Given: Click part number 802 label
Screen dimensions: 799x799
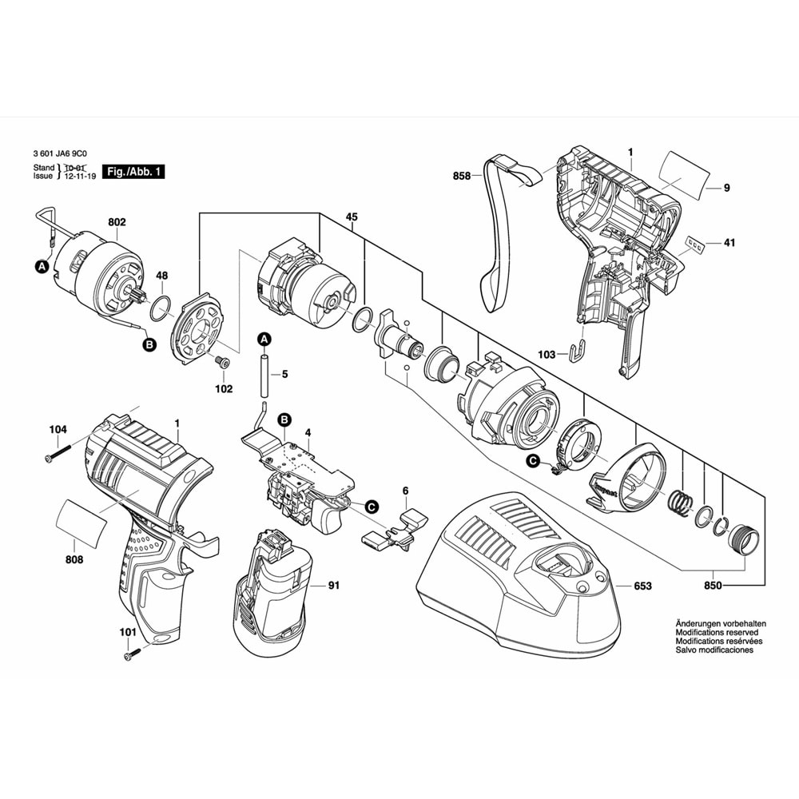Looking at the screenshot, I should tap(116, 222).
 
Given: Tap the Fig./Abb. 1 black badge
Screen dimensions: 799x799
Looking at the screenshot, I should tap(136, 173).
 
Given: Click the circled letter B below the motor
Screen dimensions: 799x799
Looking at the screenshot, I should tap(149, 345).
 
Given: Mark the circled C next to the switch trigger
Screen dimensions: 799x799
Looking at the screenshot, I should tap(370, 505).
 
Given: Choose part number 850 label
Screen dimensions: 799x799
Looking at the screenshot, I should tap(714, 586).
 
